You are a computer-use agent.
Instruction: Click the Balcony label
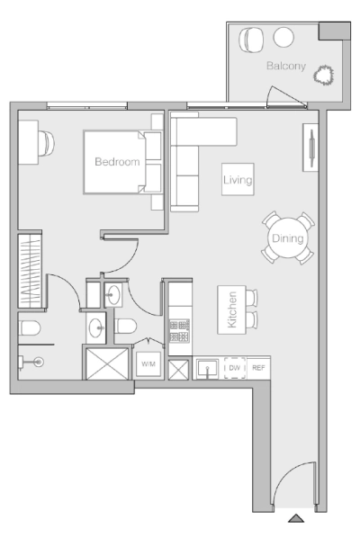(286, 66)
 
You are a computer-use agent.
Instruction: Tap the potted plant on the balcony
(323, 76)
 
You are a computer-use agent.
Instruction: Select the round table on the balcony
(283, 37)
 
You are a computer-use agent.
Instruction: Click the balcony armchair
(252, 40)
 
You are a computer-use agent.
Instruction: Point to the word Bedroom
(117, 162)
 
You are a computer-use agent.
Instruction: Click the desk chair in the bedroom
(46, 143)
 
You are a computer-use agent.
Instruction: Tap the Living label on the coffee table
(238, 180)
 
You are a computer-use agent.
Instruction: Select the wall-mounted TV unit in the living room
(310, 148)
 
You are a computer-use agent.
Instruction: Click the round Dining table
(288, 238)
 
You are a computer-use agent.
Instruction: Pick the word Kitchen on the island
(232, 309)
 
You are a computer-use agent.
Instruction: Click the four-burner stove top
(179, 331)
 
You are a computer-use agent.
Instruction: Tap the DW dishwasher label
(235, 368)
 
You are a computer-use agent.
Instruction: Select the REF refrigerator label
(258, 368)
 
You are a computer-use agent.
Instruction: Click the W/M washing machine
(148, 364)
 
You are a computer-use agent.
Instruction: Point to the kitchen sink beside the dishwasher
(207, 368)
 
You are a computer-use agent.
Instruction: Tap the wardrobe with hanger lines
(30, 271)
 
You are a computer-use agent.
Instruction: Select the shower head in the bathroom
(39, 362)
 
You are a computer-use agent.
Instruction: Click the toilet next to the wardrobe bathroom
(30, 327)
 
